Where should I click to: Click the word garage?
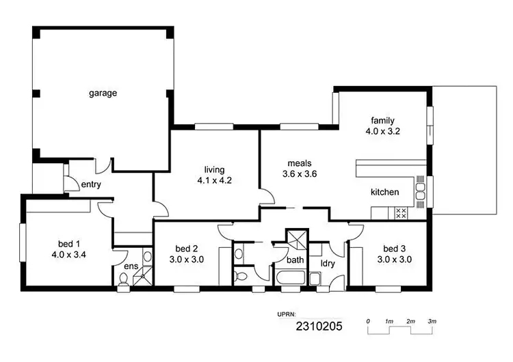coord(103,93)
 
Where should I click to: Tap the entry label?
coord(91,184)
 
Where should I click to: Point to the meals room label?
coord(300,163)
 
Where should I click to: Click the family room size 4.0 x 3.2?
coord(383,131)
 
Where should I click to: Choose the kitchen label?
coord(384,193)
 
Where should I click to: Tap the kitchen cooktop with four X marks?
coord(402,212)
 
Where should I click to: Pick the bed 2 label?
coord(187,249)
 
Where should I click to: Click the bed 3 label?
coord(394,249)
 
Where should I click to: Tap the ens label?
coord(130,266)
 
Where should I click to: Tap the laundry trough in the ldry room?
coord(314,278)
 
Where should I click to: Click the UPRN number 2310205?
coord(318,327)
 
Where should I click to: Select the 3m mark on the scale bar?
coord(432,321)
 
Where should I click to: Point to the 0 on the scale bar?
coord(368,321)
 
